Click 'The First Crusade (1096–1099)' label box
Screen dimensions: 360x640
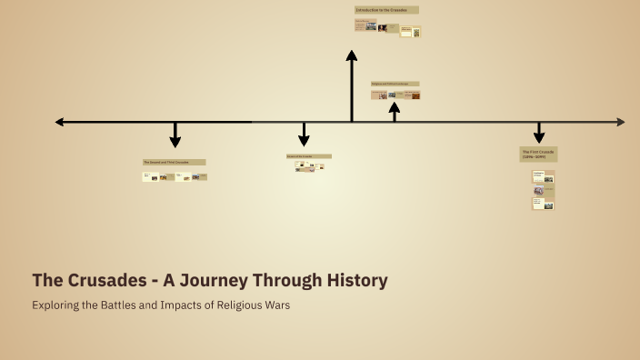coord(538,154)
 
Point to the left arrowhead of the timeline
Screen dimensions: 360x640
coord(60,122)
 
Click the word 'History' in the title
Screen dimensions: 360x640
coord(357,280)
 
